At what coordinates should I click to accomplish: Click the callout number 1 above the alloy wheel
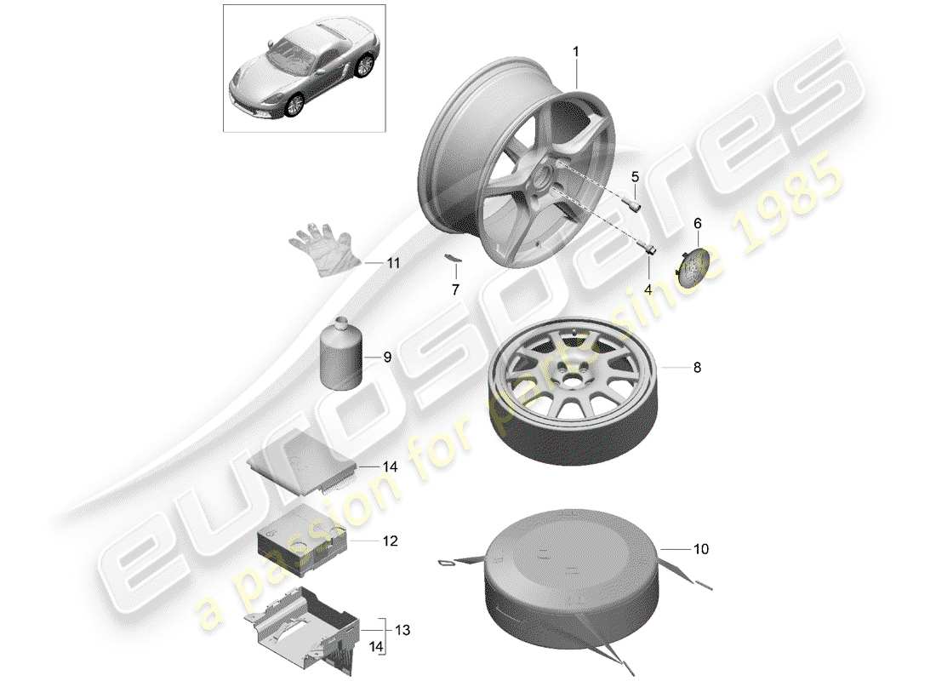(575, 52)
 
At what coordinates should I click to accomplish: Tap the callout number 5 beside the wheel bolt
(634, 177)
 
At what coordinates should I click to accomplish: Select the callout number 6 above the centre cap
(697, 223)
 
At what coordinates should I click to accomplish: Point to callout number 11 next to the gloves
(392, 264)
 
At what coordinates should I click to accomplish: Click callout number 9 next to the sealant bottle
(386, 358)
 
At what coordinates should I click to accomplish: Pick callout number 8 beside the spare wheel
(697, 368)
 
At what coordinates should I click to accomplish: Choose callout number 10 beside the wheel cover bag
(699, 550)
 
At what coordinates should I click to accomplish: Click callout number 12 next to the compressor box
(390, 541)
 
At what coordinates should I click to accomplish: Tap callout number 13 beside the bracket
(402, 630)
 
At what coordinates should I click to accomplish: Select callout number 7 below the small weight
(454, 289)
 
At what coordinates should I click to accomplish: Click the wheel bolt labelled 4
(649, 248)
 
